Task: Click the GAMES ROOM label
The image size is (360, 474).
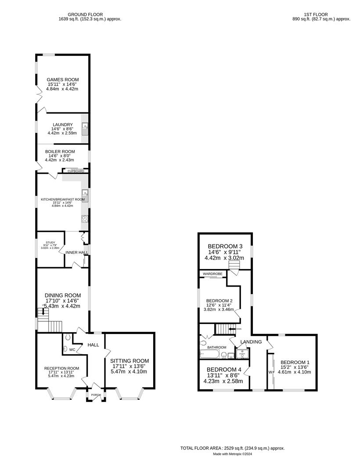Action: tap(63, 79)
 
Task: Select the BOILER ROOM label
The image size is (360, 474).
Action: tap(63, 151)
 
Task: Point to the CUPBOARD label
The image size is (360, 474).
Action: tap(76, 171)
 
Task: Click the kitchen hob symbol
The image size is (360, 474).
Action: tap(85, 219)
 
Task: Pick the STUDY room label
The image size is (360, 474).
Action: tap(45, 242)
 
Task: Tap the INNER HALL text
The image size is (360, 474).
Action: tap(76, 252)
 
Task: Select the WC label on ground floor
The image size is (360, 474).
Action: tap(72, 350)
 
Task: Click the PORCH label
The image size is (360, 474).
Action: tap(96, 395)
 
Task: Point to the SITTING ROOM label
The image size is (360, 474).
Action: tap(130, 361)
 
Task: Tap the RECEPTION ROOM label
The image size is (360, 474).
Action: tap(61, 368)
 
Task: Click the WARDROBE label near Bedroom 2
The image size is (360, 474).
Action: tap(212, 274)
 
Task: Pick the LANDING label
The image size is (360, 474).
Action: tap(251, 342)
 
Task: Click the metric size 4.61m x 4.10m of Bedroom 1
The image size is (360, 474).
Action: tap(295, 372)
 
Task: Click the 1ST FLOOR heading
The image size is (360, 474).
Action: tap(321, 14)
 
